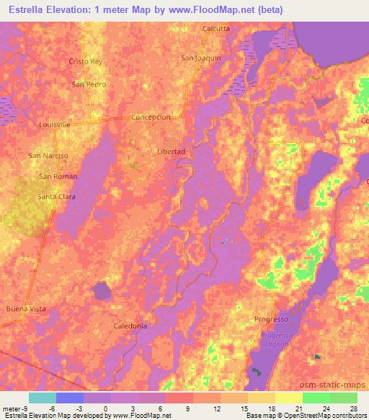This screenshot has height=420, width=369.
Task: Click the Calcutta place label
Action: (x=216, y=29)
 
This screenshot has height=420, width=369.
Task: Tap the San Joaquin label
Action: (x=200, y=58)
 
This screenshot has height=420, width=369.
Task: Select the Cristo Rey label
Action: (x=86, y=62)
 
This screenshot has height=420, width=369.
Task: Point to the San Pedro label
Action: (x=89, y=84)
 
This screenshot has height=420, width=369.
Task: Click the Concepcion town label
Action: (x=151, y=117)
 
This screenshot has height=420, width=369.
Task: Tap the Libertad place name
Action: (x=172, y=152)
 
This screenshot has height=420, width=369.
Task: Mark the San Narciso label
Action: (x=48, y=156)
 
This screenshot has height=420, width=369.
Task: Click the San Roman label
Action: (x=58, y=176)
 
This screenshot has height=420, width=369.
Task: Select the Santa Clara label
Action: (x=56, y=196)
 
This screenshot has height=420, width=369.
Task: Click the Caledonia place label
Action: (x=130, y=326)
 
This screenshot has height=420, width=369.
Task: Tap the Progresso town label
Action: (x=272, y=319)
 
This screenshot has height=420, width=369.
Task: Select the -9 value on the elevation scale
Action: (x=19, y=408)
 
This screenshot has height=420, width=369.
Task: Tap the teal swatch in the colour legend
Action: (x=42, y=398)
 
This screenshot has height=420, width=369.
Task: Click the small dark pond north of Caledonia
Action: (x=102, y=291)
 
